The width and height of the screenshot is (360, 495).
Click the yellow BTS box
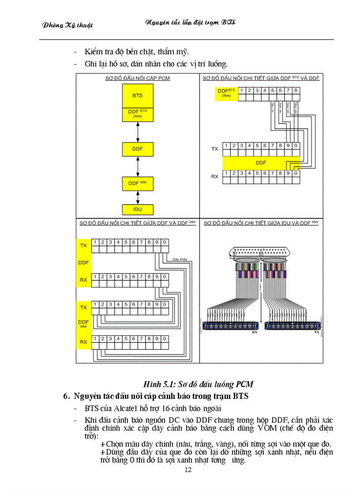[137, 95]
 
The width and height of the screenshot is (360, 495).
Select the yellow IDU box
[137, 209]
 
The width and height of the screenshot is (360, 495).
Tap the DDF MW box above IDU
[137, 183]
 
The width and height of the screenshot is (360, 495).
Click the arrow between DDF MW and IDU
[138, 197]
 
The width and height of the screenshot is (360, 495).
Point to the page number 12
[188, 470]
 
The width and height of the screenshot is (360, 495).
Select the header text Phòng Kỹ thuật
[67, 25]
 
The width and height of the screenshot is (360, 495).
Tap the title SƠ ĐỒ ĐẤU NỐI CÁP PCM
[137, 78]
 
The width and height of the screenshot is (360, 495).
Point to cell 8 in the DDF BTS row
[296, 91]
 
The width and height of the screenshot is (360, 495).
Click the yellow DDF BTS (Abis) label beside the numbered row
[226, 93]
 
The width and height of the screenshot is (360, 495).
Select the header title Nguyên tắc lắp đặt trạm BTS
[190, 22]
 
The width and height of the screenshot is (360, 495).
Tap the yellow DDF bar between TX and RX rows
[261, 163]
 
